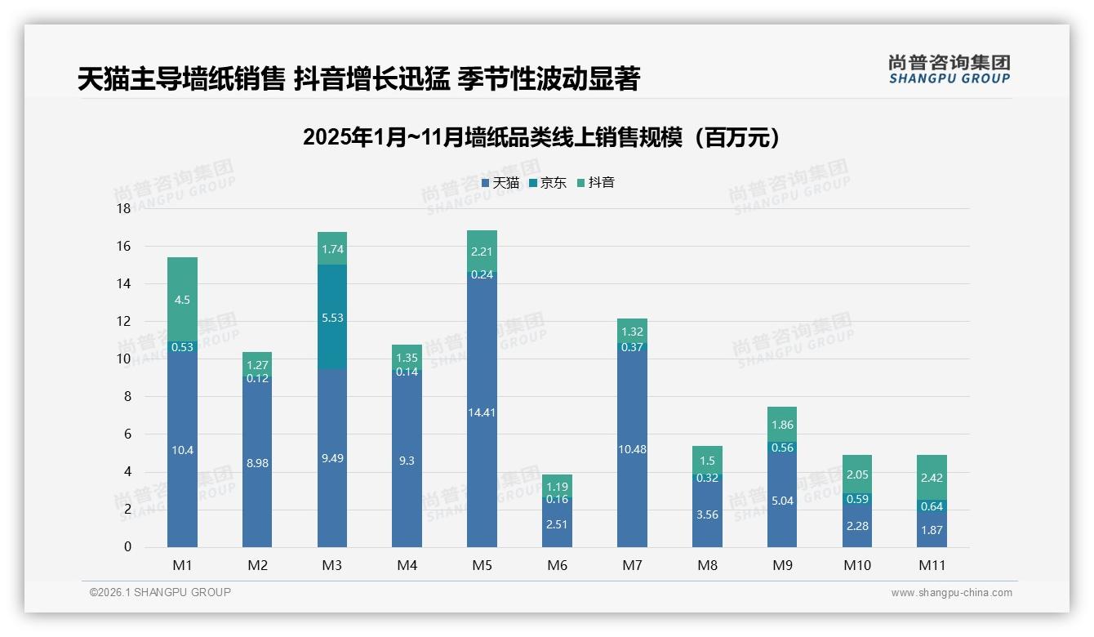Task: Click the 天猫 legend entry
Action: (500, 183)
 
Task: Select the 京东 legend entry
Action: (548, 183)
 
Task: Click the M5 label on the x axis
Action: (482, 565)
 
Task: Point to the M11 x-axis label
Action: (932, 565)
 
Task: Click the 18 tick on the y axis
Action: (123, 209)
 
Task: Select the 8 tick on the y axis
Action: (127, 397)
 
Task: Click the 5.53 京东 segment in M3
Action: (332, 317)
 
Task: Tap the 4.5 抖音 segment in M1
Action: (182, 299)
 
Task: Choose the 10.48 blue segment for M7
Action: (632, 449)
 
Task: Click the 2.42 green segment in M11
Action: (932, 478)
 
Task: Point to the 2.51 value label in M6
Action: (557, 524)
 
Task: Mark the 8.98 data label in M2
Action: (257, 463)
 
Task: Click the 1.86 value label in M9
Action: (782, 425)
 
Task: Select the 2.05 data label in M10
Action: (857, 474)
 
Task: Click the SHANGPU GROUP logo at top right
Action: (949, 69)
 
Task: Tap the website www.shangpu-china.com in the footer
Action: (951, 593)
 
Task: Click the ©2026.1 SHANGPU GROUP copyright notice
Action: (160, 592)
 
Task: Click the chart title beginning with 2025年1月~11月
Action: (541, 138)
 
